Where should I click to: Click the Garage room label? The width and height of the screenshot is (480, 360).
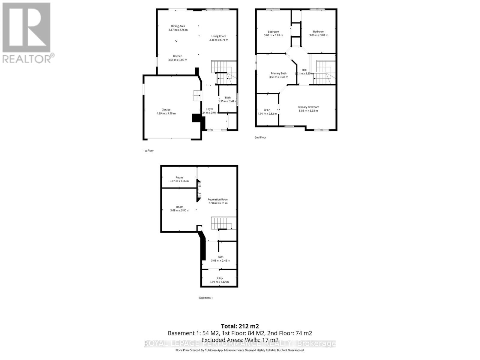point(166,110)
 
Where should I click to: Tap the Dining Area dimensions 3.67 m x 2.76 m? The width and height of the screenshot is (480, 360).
point(178,30)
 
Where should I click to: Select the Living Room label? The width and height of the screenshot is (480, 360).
point(218,36)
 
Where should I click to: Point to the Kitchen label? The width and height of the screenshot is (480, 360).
point(178,56)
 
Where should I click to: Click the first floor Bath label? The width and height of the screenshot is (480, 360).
point(228,97)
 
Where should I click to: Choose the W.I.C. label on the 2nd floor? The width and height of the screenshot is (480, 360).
point(267,110)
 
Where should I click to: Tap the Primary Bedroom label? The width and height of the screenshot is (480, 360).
point(308,107)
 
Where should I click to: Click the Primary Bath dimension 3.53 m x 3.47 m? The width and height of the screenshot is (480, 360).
point(278,77)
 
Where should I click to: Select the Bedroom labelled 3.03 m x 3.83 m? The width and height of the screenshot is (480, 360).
point(273,32)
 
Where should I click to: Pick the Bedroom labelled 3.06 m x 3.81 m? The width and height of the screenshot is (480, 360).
point(319,32)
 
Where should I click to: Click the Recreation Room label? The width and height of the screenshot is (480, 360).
point(218,199)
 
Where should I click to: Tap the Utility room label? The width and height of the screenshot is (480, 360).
point(219,278)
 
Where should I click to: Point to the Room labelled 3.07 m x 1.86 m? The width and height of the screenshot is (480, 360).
point(179,178)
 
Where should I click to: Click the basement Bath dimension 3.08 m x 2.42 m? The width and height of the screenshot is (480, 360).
point(220,261)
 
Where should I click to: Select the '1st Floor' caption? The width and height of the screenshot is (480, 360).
point(148,151)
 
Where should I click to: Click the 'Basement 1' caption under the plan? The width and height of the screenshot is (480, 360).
point(205,298)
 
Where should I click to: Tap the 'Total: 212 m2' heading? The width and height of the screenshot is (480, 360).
point(240,326)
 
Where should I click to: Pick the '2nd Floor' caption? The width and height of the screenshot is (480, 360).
point(260,137)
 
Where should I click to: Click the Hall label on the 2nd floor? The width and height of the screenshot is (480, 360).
point(304,70)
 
